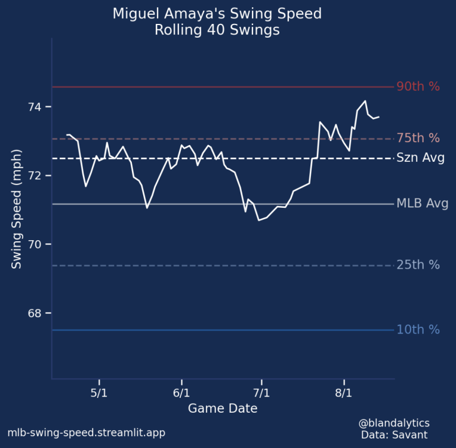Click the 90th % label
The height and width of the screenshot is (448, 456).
coord(418,87)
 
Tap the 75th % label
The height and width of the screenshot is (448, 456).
coord(418,138)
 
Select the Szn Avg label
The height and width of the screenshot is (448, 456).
coord(420,158)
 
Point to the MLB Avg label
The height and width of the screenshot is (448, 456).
coord(422,204)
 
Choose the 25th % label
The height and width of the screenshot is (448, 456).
coord(418,265)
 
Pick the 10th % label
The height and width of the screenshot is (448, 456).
coord(418,330)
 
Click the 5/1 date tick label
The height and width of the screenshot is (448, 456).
coord(99,394)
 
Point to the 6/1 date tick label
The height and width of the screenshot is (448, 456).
coord(181,394)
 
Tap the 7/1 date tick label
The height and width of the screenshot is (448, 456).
coord(261,394)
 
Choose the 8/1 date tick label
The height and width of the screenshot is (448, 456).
coord(344,394)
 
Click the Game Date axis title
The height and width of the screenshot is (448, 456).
coord(223,409)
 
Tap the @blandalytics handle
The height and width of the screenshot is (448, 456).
coord(394,423)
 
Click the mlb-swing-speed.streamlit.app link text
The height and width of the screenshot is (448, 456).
coord(86,433)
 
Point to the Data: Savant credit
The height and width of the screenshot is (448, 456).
coord(395,435)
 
